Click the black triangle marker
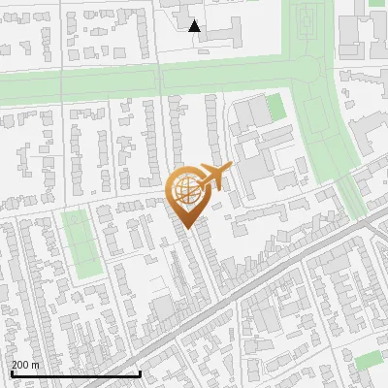point(195,26)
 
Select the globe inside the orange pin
point(186,191)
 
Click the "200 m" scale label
point(25,365)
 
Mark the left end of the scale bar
point(11,373)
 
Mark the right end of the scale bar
point(141,373)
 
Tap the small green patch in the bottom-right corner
point(369,361)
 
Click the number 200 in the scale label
point(19,365)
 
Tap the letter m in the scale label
point(35,365)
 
